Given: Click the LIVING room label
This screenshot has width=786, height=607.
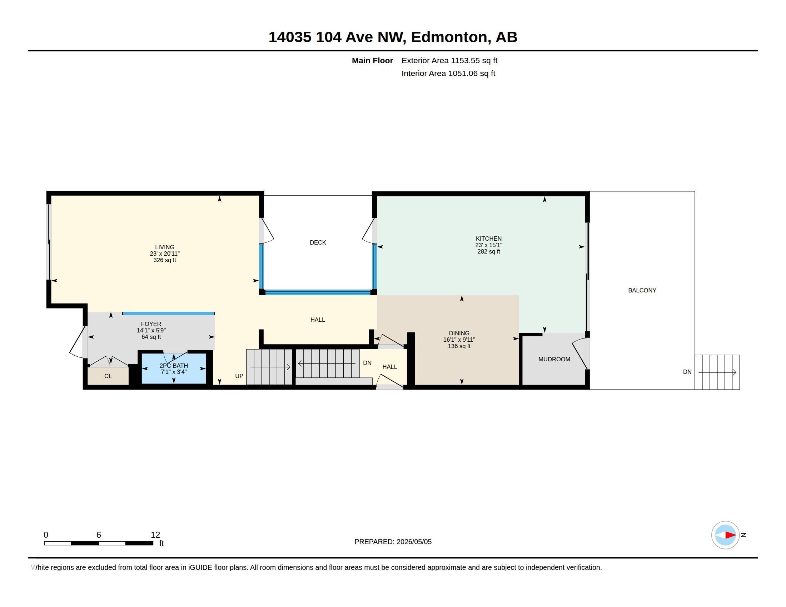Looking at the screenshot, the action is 164,247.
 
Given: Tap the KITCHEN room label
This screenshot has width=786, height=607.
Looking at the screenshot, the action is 488,239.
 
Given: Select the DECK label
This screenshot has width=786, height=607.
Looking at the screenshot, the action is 318,242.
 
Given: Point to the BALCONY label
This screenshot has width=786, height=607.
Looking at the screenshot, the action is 642,290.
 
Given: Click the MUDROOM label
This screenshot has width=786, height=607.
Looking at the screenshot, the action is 554,359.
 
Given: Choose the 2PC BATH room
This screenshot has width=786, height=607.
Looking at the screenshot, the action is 174,368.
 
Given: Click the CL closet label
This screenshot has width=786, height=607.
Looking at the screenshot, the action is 108,376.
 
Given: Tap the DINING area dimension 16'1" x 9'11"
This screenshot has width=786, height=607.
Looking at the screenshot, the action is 459,340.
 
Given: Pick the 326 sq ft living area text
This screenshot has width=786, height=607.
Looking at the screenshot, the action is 164,260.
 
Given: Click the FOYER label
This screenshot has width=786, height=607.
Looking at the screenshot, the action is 151,323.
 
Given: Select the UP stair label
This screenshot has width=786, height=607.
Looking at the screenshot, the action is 239,376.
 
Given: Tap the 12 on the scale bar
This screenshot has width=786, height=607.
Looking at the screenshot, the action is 155,535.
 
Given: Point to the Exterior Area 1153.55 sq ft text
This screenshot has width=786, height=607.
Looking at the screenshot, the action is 449,60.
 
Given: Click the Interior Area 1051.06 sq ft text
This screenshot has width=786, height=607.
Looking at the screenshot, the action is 448,73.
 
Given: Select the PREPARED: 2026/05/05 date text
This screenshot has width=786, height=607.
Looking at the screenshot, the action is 393,542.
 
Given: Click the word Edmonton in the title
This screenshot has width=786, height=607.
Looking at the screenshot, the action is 451,37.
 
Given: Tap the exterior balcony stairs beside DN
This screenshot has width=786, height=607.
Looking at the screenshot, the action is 717,372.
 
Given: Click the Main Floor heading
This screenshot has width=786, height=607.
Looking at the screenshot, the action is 372,60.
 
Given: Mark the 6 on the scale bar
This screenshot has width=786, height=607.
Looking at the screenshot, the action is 99,535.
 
